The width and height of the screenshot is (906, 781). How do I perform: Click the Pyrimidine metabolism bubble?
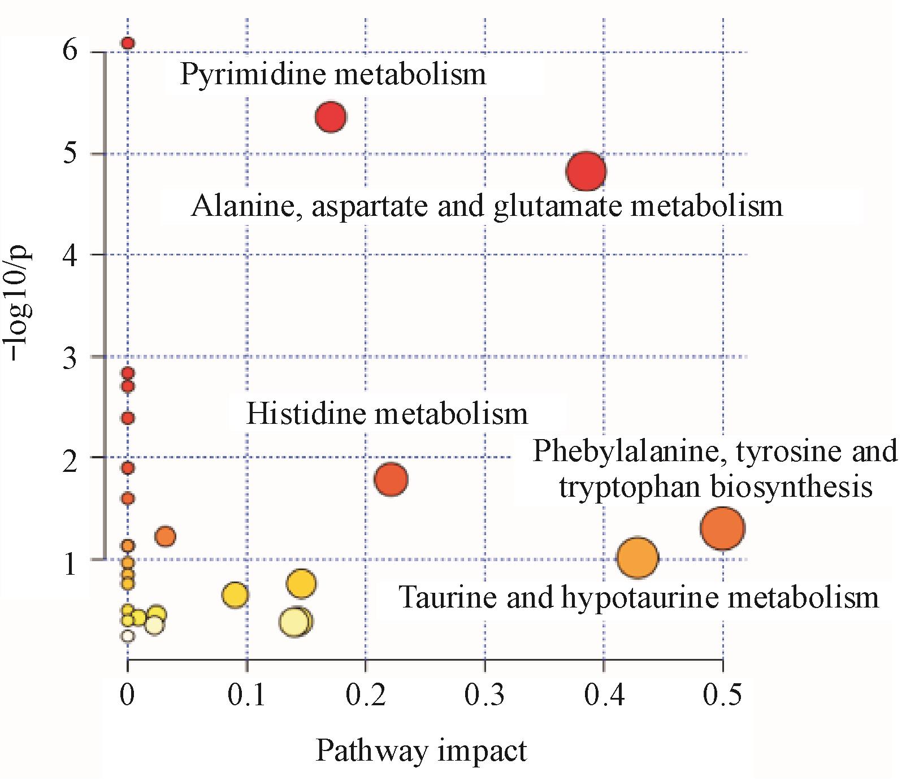(x=331, y=118)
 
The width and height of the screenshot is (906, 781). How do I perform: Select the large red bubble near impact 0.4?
(x=586, y=171)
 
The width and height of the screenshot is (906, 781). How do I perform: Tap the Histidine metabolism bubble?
(x=391, y=479)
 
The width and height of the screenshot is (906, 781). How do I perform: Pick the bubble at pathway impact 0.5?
(x=722, y=528)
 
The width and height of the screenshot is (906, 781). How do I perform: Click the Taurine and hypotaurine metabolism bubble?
(x=638, y=558)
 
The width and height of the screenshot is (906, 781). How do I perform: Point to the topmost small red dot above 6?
(x=128, y=43)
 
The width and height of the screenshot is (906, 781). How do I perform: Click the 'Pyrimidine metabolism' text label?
(x=333, y=75)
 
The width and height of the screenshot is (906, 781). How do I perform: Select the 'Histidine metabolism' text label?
(x=387, y=414)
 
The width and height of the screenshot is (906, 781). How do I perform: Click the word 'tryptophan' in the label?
(x=629, y=487)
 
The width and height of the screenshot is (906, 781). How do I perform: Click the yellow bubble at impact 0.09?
(x=235, y=595)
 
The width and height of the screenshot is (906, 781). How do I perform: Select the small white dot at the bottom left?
(x=128, y=636)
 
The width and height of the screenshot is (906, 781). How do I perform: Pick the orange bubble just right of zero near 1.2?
(x=165, y=536)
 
